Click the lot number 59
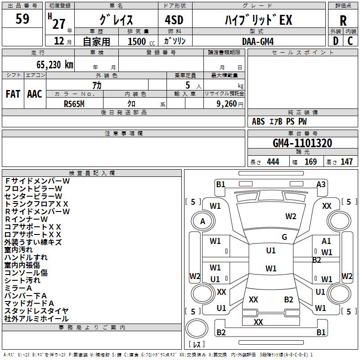tap(22, 19)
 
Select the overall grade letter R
tap(343, 21)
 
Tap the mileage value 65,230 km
tap(55, 64)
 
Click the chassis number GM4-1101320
tap(302, 143)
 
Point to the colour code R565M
tap(74, 104)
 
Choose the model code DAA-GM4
tap(258, 41)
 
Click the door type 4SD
tap(174, 20)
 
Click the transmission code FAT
tap(13, 94)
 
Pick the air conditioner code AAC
tap(35, 94)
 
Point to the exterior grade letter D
tap(336, 41)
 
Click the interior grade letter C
tap(350, 41)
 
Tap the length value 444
tap(273, 162)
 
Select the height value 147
tap(346, 162)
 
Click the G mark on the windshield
tap(284, 237)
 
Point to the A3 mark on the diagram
tap(321, 184)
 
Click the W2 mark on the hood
tap(291, 216)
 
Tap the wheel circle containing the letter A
tap(203, 221)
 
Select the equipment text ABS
tap(258, 121)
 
